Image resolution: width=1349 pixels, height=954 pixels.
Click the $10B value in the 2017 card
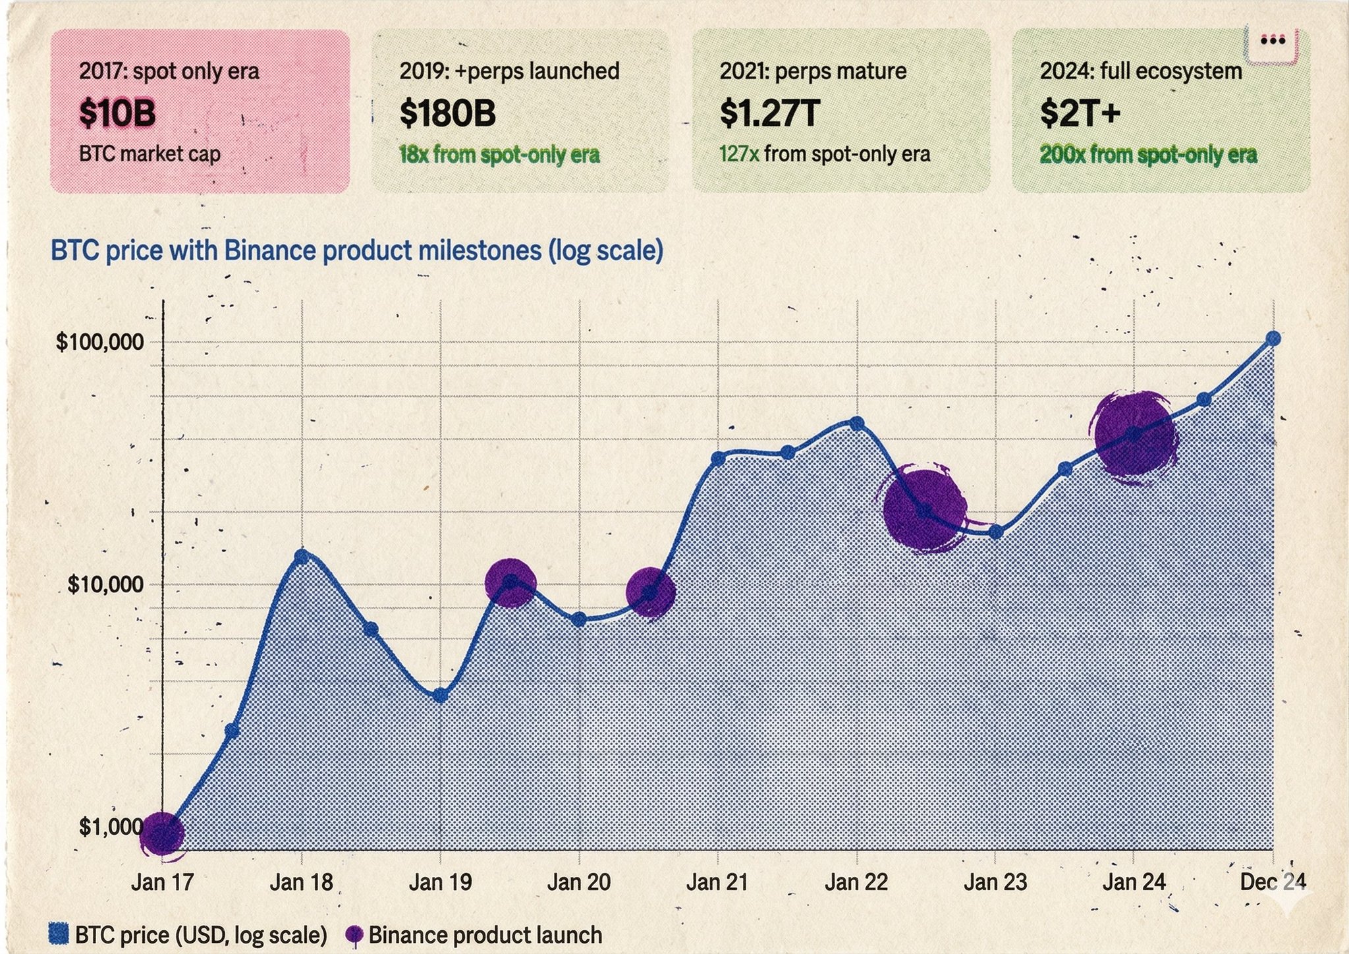(x=117, y=113)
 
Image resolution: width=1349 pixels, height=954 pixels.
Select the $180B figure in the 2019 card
(x=447, y=113)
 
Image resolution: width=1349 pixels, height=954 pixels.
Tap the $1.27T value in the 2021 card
(x=769, y=113)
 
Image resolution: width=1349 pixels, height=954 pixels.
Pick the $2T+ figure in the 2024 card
(x=1080, y=113)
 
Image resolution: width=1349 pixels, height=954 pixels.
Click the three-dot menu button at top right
(x=1272, y=42)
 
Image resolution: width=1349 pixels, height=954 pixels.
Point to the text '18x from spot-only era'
(x=499, y=155)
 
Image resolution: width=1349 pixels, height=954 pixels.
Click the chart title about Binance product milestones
(x=356, y=251)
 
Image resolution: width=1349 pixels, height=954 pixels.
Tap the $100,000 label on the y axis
(x=100, y=342)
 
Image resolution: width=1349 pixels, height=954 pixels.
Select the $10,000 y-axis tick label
(x=105, y=584)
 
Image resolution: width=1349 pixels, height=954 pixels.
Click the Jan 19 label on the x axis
(x=440, y=882)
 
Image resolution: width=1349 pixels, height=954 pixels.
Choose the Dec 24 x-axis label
(x=1273, y=882)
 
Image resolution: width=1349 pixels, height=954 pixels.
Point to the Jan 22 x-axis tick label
(x=856, y=882)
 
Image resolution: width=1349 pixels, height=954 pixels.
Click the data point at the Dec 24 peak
(x=1273, y=339)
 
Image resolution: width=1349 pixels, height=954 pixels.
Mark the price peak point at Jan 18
(x=302, y=557)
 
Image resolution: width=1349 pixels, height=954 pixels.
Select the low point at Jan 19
(x=441, y=695)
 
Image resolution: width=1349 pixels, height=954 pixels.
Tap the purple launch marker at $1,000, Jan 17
(x=162, y=833)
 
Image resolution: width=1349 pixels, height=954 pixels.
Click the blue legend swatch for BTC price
(x=59, y=934)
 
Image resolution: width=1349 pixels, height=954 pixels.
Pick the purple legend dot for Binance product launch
(x=354, y=934)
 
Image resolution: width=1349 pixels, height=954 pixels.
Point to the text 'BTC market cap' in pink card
(x=150, y=154)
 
